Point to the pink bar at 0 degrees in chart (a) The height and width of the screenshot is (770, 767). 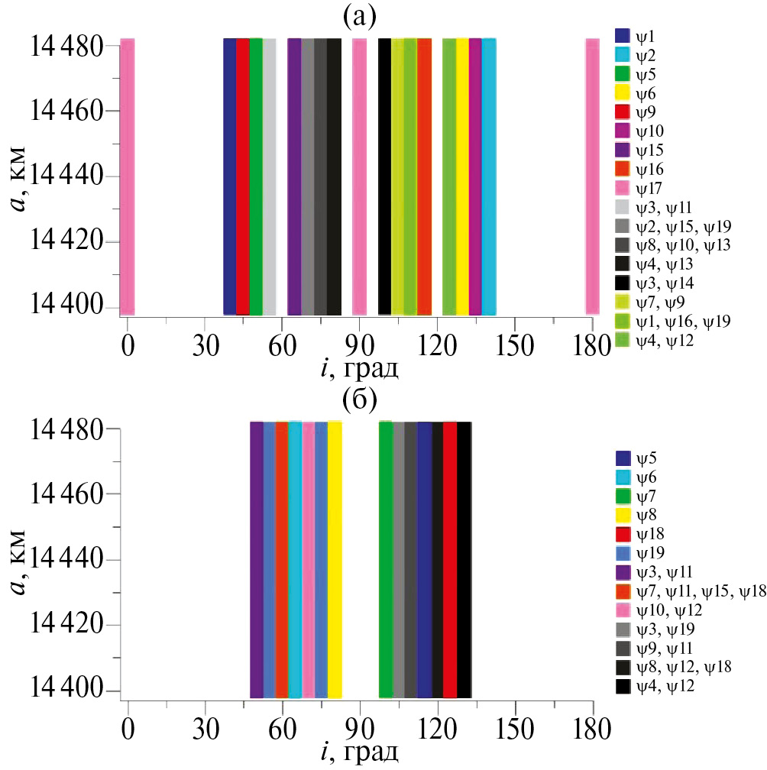click(x=127, y=176)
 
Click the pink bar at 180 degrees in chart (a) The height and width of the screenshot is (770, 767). click(x=592, y=176)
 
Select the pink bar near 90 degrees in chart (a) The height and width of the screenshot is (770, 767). click(x=359, y=176)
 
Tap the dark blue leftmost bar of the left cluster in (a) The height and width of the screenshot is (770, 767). click(x=229, y=176)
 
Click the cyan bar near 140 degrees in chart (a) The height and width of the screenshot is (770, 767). click(x=489, y=176)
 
